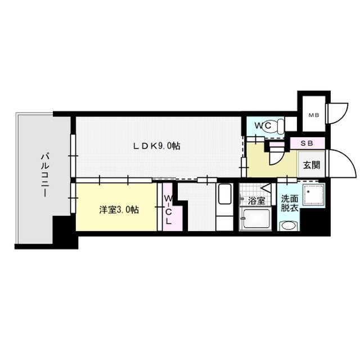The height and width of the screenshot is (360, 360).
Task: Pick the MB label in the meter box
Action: coord(312,115)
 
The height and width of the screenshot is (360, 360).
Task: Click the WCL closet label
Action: coord(168,210)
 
